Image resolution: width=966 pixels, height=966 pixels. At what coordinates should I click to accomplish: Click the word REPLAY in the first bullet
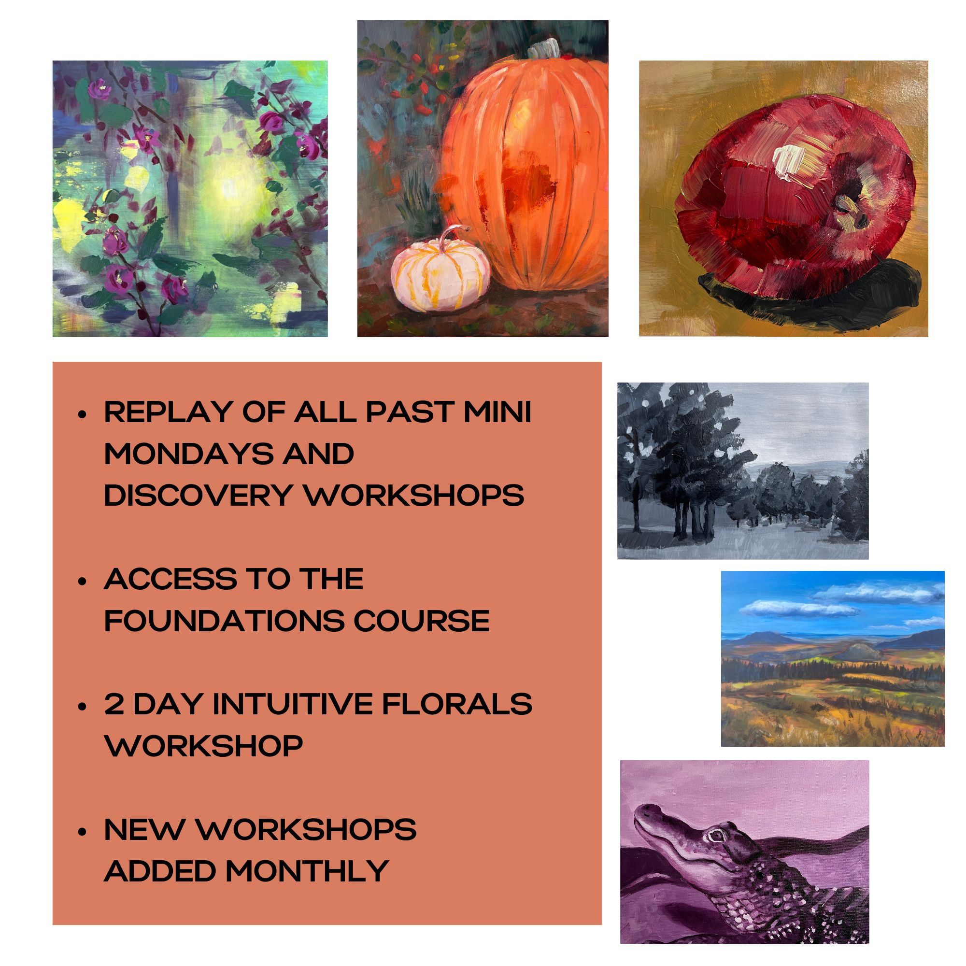pos(169,412)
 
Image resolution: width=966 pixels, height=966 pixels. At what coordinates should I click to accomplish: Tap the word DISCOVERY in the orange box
pos(199,496)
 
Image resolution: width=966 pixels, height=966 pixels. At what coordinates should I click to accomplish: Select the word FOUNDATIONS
pos(224,621)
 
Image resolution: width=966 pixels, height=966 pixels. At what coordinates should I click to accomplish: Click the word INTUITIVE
pos(293,704)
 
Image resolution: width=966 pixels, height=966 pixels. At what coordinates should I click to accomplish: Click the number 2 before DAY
pos(114,704)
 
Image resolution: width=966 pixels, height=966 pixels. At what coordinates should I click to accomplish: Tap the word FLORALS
pos(457,704)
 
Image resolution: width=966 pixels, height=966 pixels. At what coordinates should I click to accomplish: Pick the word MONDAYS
pos(188,454)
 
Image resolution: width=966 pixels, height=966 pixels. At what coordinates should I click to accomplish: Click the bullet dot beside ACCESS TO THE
pos(83,581)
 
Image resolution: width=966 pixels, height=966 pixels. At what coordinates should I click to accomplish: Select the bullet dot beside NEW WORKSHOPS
pos(83,832)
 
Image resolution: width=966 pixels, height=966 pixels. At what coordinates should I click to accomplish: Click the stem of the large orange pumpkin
pos(544,48)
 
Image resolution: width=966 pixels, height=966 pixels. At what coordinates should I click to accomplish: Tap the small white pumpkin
pos(440,270)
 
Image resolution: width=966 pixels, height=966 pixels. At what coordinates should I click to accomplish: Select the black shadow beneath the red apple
pos(810,295)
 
